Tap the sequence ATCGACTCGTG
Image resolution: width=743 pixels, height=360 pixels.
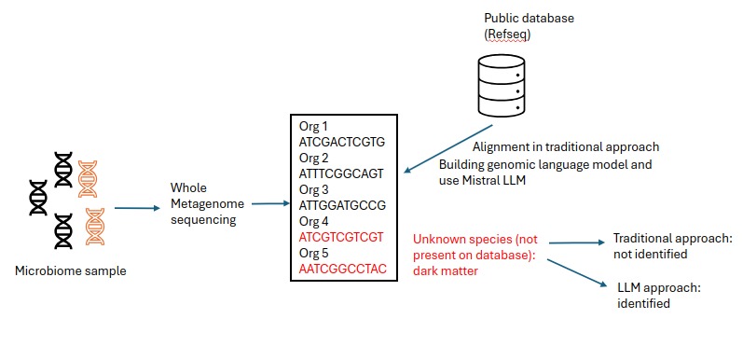point(341,143)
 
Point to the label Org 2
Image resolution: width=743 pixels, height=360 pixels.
point(314,158)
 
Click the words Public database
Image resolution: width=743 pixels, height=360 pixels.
point(529,18)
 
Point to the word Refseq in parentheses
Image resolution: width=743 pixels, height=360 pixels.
point(508,35)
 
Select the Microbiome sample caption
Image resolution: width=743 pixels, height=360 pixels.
point(70,271)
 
